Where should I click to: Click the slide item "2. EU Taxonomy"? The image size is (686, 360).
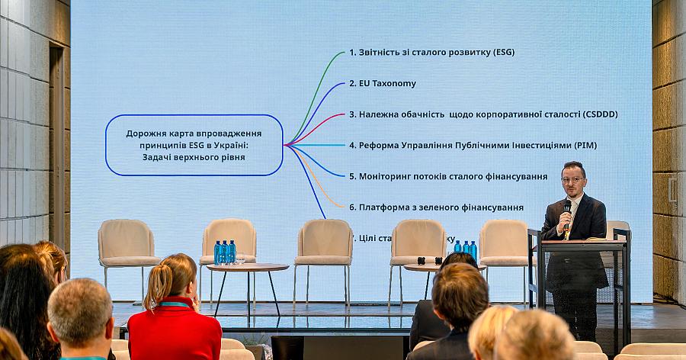click(383, 83)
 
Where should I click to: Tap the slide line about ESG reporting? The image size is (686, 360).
click(431, 53)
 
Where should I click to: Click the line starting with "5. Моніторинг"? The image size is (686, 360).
click(448, 176)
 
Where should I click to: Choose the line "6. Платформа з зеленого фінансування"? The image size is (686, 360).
click(436, 207)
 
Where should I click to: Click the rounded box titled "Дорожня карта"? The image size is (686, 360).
click(194, 145)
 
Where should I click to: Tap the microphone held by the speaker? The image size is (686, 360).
click(567, 209)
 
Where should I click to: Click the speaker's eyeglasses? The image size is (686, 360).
click(572, 181)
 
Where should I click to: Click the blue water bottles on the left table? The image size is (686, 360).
click(225, 252)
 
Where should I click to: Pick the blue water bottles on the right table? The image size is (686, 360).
click(465, 247)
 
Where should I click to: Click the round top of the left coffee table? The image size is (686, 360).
click(248, 267)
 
